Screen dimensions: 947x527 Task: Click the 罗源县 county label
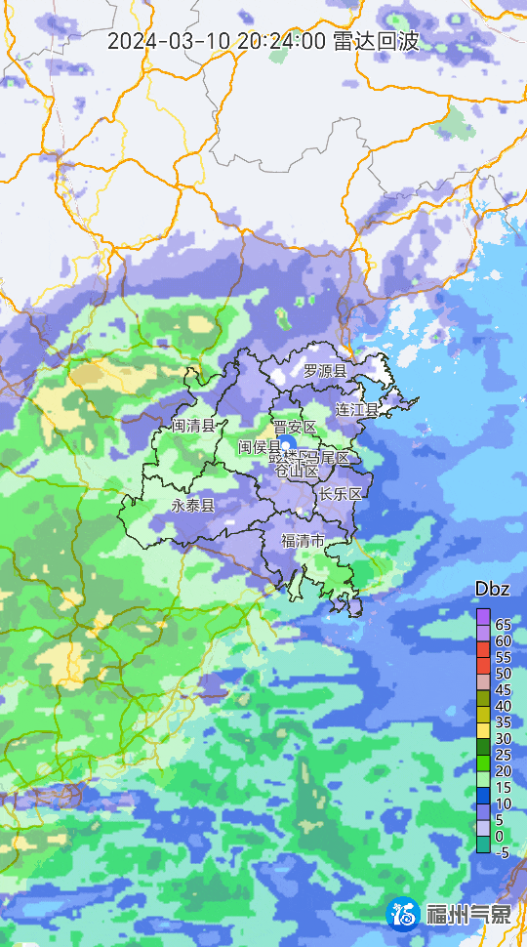point(324,371)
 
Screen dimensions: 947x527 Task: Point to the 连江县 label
point(356,409)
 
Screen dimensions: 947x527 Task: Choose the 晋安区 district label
point(294,428)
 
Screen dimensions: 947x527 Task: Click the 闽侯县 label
point(260,446)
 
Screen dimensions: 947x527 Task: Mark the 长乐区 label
point(341,493)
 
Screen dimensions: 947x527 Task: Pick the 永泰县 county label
point(192,505)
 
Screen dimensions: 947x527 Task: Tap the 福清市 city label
point(302,541)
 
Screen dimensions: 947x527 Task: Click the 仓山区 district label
point(296,471)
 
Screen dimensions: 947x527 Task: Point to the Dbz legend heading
point(492,590)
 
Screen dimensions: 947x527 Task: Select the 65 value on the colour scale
point(504,624)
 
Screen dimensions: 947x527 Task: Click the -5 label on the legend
point(503,852)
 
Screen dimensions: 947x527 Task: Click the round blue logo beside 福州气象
point(405,915)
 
